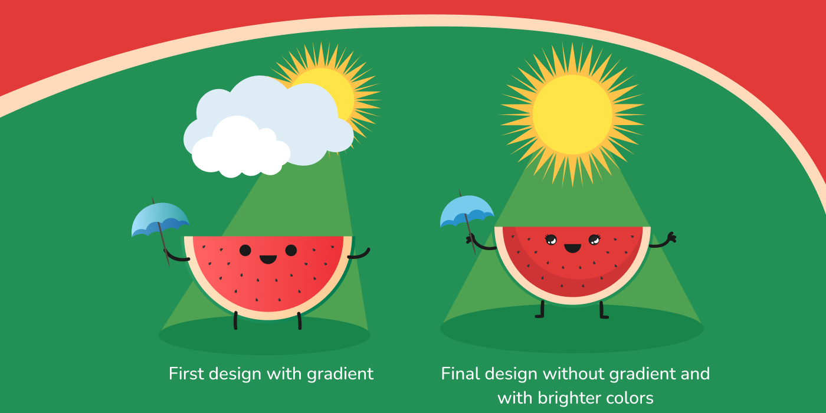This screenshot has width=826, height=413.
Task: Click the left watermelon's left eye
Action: click(245, 250)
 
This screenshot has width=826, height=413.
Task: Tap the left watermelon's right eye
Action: click(291, 250)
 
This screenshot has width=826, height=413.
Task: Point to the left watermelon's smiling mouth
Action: click(268, 259)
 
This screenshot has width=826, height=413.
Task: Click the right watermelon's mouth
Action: click(572, 248)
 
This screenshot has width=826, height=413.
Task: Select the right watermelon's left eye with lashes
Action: click(551, 240)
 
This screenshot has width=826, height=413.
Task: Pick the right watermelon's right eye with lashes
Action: click(594, 240)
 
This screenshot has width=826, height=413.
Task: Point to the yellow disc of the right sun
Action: click(572, 114)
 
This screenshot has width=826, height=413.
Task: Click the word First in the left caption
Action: click(186, 373)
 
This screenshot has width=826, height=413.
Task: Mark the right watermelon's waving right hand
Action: click(672, 237)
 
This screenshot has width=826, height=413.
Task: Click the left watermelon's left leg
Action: click(235, 320)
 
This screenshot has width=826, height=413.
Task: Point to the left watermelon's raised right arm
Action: click(359, 254)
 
